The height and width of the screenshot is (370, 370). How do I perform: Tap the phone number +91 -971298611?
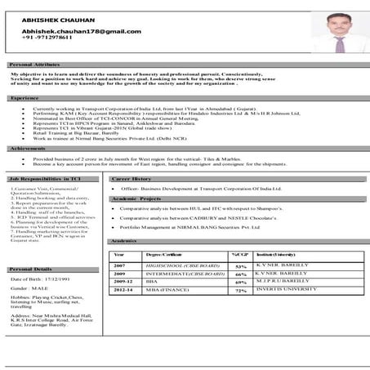42,37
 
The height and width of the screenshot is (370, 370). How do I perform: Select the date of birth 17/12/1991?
57,279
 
